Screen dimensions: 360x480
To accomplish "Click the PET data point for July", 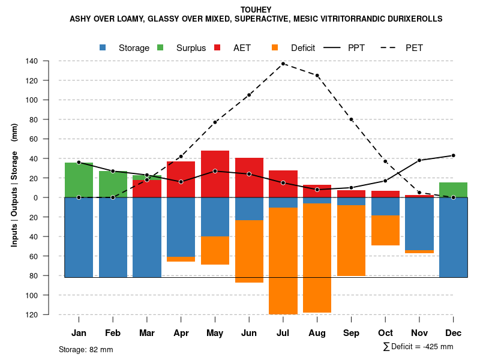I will pyautogui.click(x=283, y=64).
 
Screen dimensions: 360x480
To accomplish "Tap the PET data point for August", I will pyautogui.click(x=317, y=76).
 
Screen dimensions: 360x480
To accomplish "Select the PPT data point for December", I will pyautogui.click(x=453, y=155).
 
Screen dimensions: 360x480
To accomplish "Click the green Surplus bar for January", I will pyautogui.click(x=79, y=180).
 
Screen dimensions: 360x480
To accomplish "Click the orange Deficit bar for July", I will pyautogui.click(x=283, y=261).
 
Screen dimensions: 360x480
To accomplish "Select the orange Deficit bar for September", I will pyautogui.click(x=351, y=241).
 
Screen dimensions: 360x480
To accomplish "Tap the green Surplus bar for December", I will pyautogui.click(x=453, y=190).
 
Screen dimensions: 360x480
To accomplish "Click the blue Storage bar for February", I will pyautogui.click(x=113, y=237).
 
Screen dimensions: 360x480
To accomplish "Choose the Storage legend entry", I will pyautogui.click(x=125, y=48).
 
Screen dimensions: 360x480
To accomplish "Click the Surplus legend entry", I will pyautogui.click(x=182, y=48).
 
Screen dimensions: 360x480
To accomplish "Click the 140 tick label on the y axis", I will pyautogui.click(x=49, y=61).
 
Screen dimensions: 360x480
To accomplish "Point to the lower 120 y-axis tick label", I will pyautogui.click(x=49, y=314).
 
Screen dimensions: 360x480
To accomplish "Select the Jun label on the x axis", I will pyautogui.click(x=249, y=333).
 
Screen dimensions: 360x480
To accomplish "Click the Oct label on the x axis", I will pyautogui.click(x=385, y=333).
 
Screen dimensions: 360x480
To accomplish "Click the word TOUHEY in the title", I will pyautogui.click(x=256, y=10).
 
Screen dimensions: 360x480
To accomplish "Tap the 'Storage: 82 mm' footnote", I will pyautogui.click(x=86, y=349).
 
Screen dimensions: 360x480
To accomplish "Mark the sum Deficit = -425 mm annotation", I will pyautogui.click(x=418, y=347).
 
